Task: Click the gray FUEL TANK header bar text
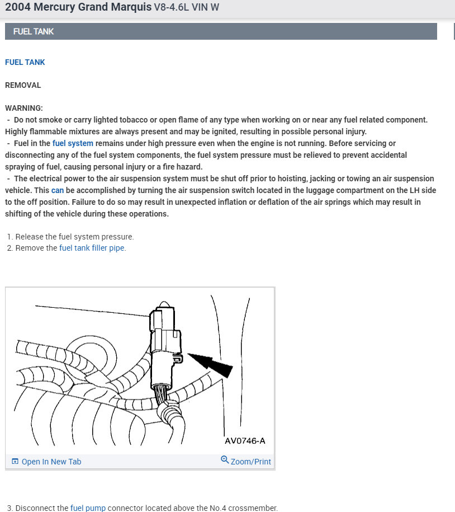[x=34, y=31]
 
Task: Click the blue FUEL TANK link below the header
[x=25, y=62]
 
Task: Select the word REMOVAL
[x=23, y=85]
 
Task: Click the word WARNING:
[x=24, y=107]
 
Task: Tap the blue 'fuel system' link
[x=73, y=143]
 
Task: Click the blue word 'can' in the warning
[x=58, y=190]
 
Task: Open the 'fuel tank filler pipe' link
[x=92, y=248]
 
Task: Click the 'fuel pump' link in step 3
[x=88, y=508]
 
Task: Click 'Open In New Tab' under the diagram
[x=51, y=462]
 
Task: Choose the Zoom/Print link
[x=250, y=462]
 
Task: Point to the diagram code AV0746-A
[x=245, y=441]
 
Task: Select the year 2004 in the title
[x=18, y=8]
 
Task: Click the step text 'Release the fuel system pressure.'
[x=74, y=237]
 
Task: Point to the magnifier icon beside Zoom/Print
[x=225, y=460]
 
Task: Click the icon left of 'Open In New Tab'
[x=15, y=462]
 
